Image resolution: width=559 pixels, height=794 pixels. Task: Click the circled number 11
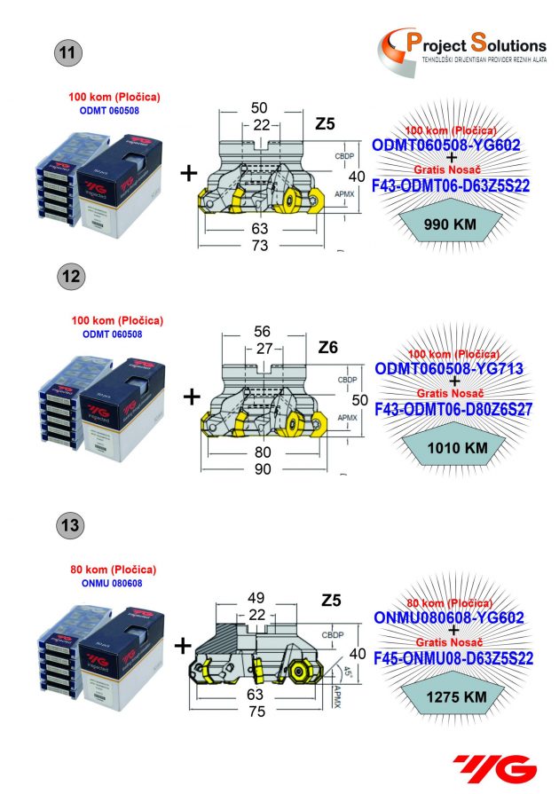(67, 52)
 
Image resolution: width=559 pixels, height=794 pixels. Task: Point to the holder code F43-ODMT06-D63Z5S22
(453, 185)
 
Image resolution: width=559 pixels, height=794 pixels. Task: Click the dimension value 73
(260, 246)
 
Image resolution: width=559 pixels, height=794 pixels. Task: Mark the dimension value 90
(263, 469)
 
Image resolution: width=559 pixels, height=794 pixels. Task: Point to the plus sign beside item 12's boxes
(191, 397)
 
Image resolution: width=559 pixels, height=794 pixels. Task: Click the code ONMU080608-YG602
(454, 617)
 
